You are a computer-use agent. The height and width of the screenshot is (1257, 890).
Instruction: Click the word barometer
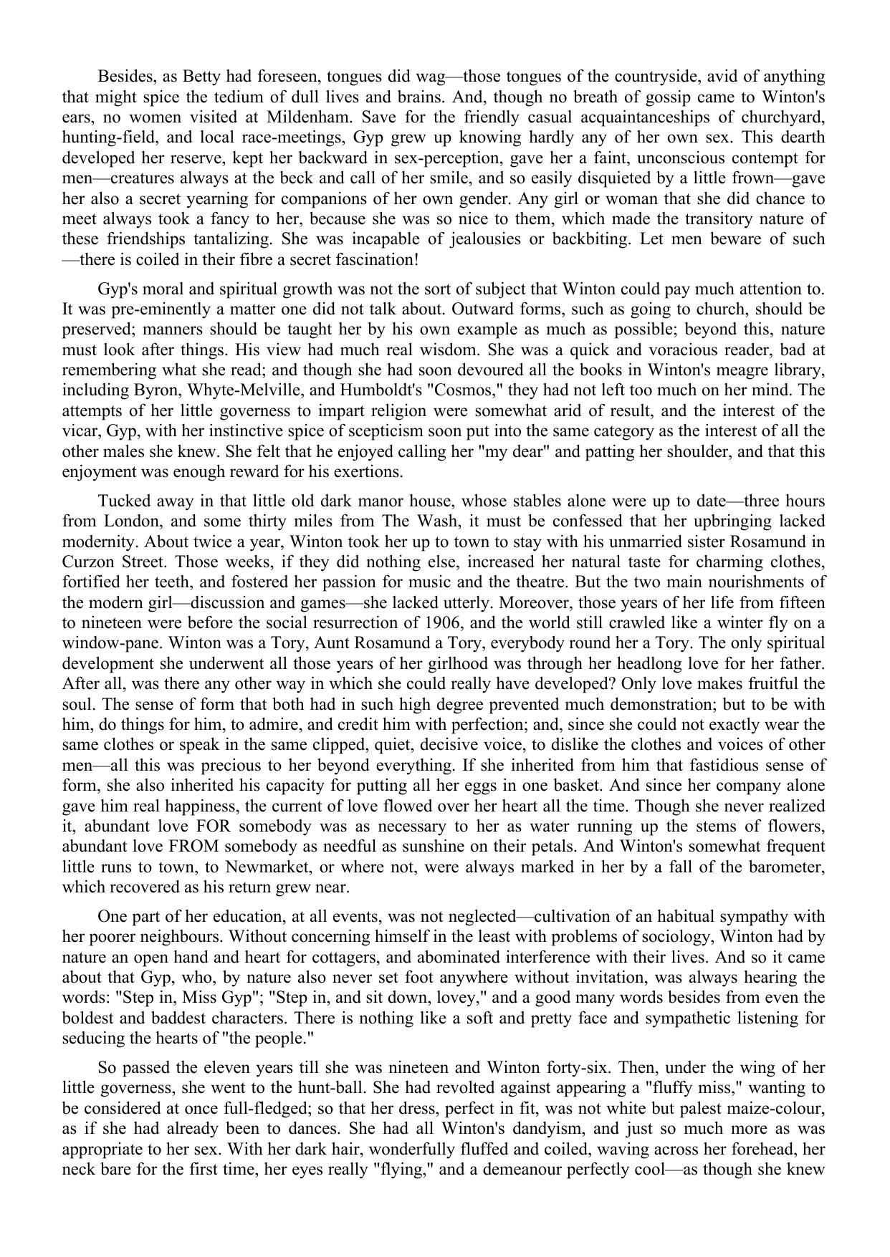(x=786, y=867)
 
